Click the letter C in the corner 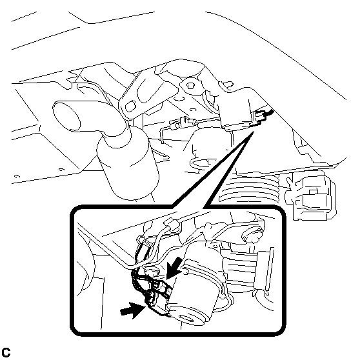(6, 352)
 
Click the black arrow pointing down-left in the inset (174, 268)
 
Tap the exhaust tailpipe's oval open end (66, 117)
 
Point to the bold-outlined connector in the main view (261, 117)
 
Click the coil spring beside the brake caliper (250, 188)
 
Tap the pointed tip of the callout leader (254, 132)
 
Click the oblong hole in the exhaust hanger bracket (130, 106)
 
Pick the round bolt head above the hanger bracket (190, 86)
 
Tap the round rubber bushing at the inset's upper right (252, 235)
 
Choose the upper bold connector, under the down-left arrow (163, 286)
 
